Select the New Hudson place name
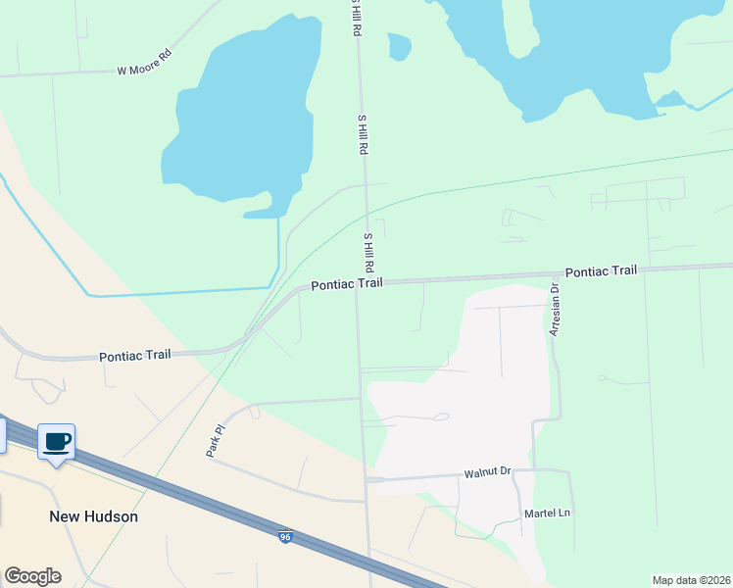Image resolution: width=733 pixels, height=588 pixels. [94, 516]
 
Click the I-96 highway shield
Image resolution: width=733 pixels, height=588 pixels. [285, 537]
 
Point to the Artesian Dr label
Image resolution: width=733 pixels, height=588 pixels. [554, 310]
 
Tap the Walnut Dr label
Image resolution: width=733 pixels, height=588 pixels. [488, 472]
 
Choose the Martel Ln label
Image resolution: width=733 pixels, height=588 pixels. [547, 513]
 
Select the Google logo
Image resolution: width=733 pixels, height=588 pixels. [32, 576]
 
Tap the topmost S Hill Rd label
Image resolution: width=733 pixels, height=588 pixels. [357, 20]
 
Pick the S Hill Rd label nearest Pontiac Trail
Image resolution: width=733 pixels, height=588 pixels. [369, 253]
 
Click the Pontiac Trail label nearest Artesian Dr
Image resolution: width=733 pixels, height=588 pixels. [601, 270]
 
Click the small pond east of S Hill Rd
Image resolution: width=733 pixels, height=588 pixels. [399, 45]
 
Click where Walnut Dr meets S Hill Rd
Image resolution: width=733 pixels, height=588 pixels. [366, 480]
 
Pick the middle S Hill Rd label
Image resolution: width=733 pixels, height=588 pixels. [362, 134]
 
